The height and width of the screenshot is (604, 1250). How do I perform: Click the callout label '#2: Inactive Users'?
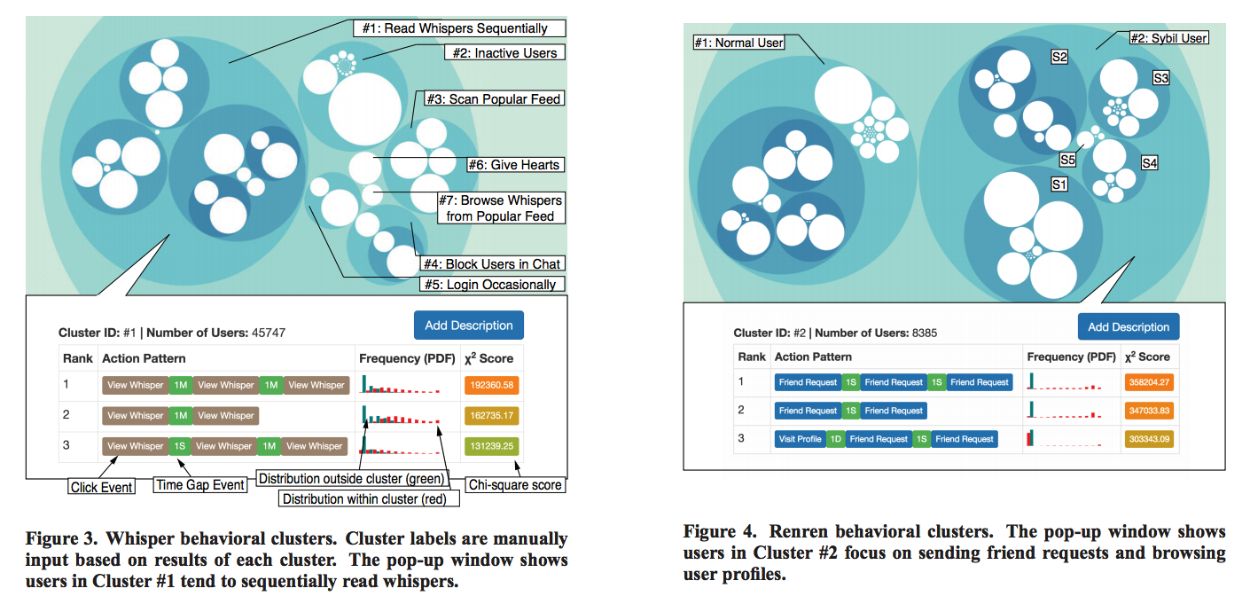[x=504, y=53]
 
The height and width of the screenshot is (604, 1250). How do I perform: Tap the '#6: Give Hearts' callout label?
[x=515, y=165]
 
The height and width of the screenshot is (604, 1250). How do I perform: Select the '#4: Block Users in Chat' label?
[x=491, y=263]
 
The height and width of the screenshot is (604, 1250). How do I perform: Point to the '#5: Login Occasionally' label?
[x=492, y=285]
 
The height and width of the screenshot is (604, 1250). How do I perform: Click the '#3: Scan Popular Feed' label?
[x=493, y=99]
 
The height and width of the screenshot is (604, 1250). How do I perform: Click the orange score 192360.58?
[x=488, y=385]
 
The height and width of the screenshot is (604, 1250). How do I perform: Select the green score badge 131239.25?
[x=488, y=446]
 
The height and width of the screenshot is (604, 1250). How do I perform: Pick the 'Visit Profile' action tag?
[x=800, y=439]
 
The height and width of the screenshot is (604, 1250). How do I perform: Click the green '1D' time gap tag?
[x=835, y=439]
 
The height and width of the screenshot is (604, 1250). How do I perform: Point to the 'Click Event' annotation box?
[x=102, y=487]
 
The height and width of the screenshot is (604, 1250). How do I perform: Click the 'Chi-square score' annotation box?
[x=515, y=485]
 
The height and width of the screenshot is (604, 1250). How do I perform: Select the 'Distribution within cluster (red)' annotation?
[x=371, y=499]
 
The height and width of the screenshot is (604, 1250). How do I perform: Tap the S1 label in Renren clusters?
[x=1059, y=184]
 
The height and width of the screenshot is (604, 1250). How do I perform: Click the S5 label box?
[x=1068, y=160]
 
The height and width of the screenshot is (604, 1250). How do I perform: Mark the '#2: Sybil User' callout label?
[x=1169, y=38]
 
